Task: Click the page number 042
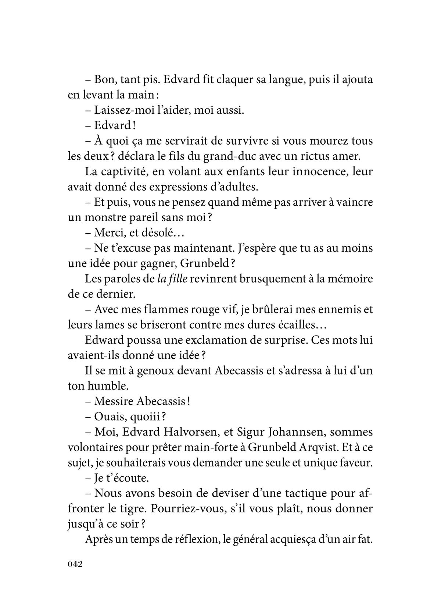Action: (75, 564)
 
